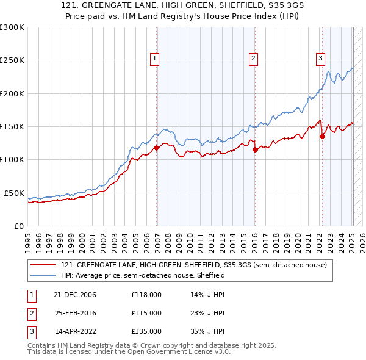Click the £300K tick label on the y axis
tap(12, 27)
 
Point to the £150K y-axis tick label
tap(12, 126)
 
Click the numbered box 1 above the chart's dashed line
tap(155, 59)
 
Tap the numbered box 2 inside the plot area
tap(253, 59)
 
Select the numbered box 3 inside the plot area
tap(320, 59)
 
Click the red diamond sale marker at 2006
tap(157, 148)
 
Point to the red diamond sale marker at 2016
tap(255, 149)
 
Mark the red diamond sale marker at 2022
tap(322, 136)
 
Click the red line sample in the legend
tap(43, 265)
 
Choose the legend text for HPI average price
tap(143, 275)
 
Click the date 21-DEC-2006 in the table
tap(75, 295)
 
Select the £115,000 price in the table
tap(146, 313)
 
